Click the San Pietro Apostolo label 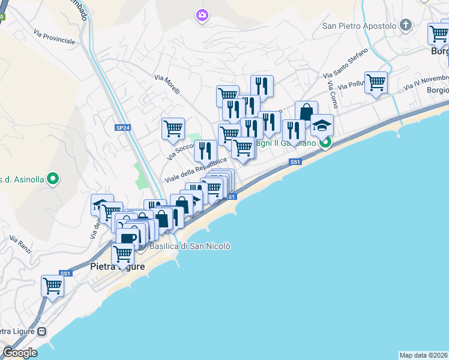(x=360, y=26)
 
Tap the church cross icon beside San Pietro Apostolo (x=406, y=25)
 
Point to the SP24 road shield (x=122, y=128)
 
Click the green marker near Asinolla (x=53, y=178)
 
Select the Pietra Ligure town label (x=117, y=266)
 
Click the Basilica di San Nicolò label (x=189, y=246)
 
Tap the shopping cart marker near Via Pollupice (x=376, y=82)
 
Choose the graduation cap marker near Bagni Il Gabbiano (x=322, y=125)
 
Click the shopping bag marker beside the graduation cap (x=306, y=112)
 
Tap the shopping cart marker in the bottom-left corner (x=52, y=286)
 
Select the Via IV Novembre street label (x=426, y=82)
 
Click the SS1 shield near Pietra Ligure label (x=65, y=274)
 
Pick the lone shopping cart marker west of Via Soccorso (x=172, y=128)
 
